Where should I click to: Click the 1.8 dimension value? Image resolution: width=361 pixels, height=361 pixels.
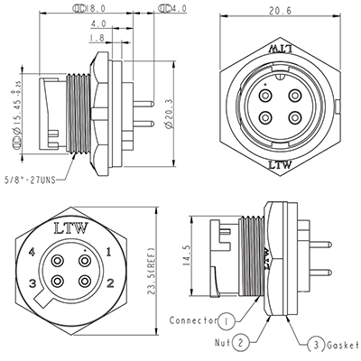point(97,38)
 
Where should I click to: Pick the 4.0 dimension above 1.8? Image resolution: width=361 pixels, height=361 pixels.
point(98,24)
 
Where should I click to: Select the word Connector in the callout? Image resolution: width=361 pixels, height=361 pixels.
point(192,321)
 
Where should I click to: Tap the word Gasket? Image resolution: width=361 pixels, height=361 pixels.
point(341,345)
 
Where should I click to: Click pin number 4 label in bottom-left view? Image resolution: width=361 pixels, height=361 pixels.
point(32,252)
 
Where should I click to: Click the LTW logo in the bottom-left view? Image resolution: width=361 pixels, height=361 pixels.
point(71,227)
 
